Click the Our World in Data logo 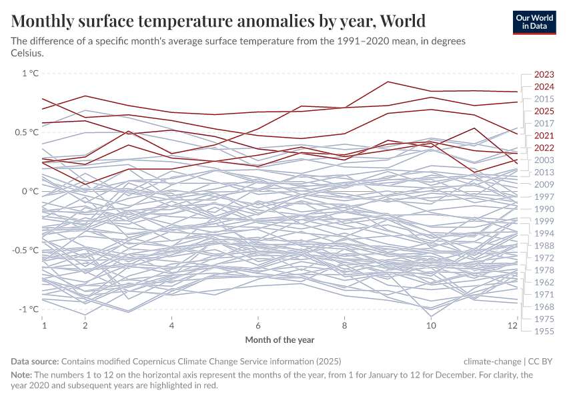534,22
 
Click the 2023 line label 544,75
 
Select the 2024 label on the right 544,87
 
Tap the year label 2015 544,99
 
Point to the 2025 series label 544,111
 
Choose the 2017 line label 544,124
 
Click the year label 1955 544,331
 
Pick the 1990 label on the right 544,209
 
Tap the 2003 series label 544,160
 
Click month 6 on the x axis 257,325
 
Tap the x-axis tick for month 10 432,325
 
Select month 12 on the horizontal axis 512,325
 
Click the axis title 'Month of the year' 279,340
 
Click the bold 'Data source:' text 35,361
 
